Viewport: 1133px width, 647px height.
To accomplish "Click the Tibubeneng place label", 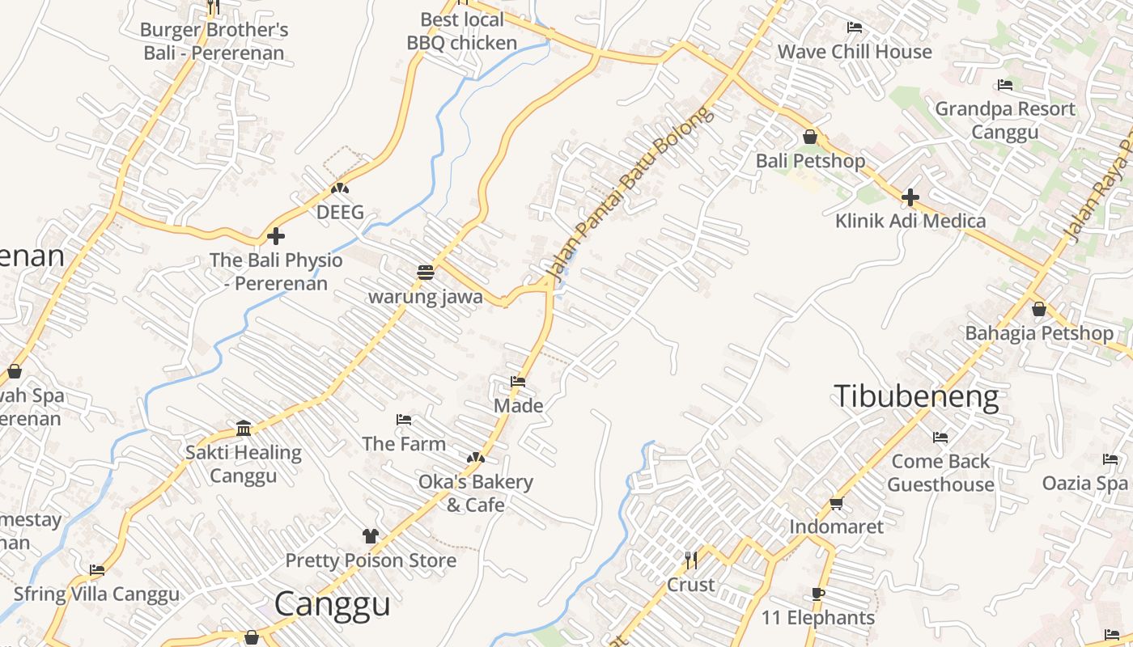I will coord(916,396).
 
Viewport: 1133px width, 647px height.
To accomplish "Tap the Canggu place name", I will coord(332,603).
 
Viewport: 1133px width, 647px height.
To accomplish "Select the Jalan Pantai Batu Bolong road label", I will coord(631,196).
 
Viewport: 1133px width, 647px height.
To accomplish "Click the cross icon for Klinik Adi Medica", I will coord(910,197).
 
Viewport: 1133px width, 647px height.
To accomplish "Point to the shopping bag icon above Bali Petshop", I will coord(809,137).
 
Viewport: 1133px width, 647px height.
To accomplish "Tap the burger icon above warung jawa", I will coord(426,273).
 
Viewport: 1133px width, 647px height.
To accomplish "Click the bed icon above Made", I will coord(518,381).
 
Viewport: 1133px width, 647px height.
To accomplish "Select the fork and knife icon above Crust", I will coord(690,560).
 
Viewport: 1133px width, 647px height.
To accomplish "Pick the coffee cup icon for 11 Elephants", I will coord(818,594).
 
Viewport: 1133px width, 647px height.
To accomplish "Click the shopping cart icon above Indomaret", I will coord(836,503).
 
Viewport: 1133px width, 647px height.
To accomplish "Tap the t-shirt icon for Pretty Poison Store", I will coord(370,535).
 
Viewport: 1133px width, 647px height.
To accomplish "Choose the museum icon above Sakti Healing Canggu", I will coord(244,428).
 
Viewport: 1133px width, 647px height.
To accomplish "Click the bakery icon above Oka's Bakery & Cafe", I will coord(476,458).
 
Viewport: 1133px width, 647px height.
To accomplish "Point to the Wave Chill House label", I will coord(855,52).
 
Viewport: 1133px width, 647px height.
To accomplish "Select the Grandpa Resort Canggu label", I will coord(1005,120).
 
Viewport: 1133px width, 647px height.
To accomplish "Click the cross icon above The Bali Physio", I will coord(276,236).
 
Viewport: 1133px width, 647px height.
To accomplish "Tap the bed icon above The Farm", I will coord(404,420).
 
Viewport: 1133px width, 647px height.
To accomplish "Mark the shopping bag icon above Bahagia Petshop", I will coord(1039,309).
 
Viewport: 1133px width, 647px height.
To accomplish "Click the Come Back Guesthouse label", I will coord(940,472).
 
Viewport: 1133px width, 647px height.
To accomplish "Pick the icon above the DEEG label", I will coord(340,188).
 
